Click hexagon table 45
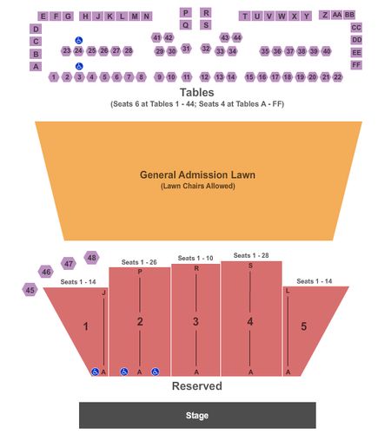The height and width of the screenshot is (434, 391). (30, 290)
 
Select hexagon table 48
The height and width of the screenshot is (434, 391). (91, 258)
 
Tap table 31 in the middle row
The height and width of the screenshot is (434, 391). (186, 49)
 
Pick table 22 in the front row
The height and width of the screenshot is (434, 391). (338, 77)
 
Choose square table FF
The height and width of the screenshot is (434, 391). (356, 65)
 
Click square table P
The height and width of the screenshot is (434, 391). (185, 13)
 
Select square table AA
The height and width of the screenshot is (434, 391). (337, 15)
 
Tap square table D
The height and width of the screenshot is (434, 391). (36, 29)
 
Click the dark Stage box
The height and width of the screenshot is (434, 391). (197, 415)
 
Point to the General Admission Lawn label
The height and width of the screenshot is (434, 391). (197, 174)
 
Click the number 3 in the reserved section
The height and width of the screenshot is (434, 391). (195, 321)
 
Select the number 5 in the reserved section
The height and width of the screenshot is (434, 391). (303, 326)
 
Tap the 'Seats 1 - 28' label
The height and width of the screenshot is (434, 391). (251, 255)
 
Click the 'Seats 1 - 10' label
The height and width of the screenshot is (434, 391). (195, 258)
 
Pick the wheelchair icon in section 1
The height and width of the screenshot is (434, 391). (95, 372)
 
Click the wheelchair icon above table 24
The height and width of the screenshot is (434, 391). (79, 40)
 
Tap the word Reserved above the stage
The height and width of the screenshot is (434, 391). (197, 386)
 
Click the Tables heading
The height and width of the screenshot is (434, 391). (197, 93)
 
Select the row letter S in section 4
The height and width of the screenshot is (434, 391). (250, 266)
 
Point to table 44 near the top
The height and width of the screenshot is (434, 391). (237, 37)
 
